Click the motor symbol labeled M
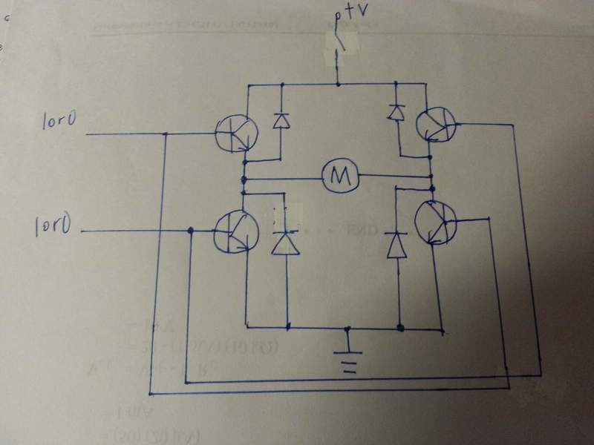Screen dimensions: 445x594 340,176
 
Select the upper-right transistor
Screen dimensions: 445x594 436,124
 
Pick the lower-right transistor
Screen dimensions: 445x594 435,220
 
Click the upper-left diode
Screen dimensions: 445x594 281,119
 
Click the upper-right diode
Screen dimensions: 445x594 396,112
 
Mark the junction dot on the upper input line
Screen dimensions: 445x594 166,134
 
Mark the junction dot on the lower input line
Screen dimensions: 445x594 192,231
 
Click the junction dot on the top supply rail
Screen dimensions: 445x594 338,85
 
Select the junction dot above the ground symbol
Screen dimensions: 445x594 347,326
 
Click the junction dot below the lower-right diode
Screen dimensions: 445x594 400,326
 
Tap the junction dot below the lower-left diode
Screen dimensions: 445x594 287,326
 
